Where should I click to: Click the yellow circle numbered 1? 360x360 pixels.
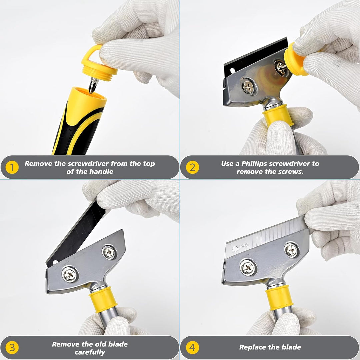(12, 167)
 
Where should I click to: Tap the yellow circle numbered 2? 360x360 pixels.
(192, 167)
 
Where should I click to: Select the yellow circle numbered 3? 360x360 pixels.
(12, 348)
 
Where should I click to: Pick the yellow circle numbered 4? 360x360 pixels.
(192, 348)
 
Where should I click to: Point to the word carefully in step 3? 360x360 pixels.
(90, 352)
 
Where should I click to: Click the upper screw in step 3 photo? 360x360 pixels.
(109, 252)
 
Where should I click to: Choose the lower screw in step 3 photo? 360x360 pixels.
(70, 274)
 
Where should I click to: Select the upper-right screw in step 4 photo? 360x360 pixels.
(292, 250)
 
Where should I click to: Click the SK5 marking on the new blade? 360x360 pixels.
(245, 245)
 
